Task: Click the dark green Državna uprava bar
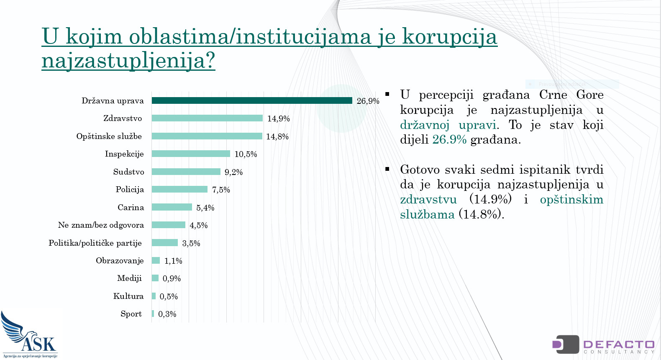tap(252, 100)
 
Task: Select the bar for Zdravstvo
tap(207, 118)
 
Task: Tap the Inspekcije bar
tap(191, 154)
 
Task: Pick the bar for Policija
tap(180, 189)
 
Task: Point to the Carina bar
tap(172, 207)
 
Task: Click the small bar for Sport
tap(153, 314)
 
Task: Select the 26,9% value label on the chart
tap(368, 101)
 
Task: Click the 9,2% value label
tap(234, 172)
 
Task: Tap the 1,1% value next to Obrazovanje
tap(173, 261)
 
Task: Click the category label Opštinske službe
tap(109, 136)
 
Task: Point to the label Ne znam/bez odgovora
tap(101, 225)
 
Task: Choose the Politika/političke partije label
tap(95, 243)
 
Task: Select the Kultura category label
tap(128, 296)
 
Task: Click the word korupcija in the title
tap(450, 37)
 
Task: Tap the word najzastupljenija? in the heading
tap(128, 61)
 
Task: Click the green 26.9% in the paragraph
tap(449, 140)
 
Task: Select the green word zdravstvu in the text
tap(428, 199)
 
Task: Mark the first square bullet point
tap(387, 95)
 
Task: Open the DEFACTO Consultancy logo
tap(603, 345)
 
